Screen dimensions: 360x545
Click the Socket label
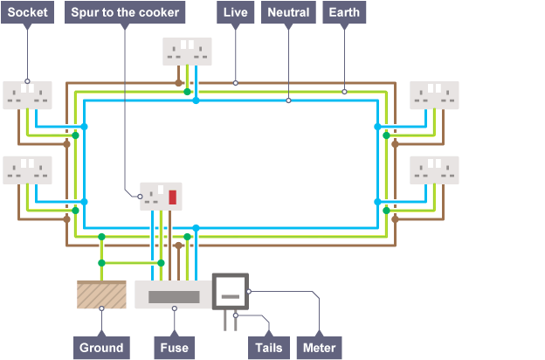(28, 13)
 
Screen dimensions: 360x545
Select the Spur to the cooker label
(126, 13)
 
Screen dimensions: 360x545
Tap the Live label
(236, 13)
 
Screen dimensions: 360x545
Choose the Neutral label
(288, 13)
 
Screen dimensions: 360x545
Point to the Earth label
(344, 13)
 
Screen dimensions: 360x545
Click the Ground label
(101, 347)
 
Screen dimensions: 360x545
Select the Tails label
(267, 347)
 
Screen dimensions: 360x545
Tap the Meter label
(320, 347)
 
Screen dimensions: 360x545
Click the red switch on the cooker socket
(172, 197)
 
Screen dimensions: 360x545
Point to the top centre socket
(187, 51)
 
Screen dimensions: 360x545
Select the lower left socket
(28, 170)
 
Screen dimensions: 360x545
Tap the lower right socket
(434, 170)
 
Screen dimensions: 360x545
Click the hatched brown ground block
(102, 294)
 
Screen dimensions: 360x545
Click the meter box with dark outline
(231, 291)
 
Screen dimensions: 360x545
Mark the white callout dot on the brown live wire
(236, 82)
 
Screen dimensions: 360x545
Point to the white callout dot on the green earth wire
(344, 91)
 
